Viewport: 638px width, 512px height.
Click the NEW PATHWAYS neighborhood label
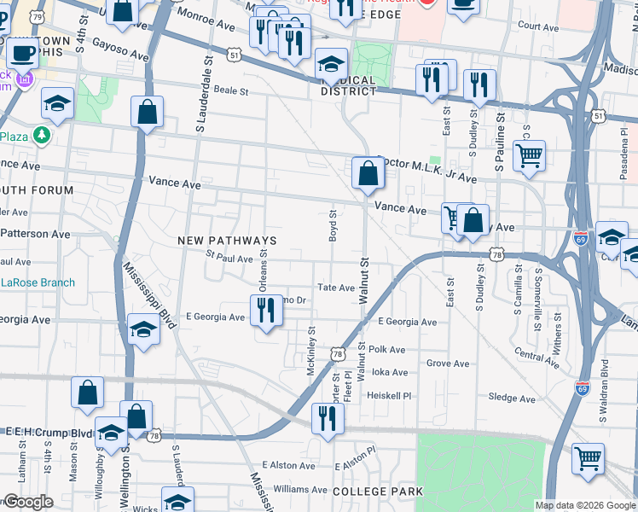227,241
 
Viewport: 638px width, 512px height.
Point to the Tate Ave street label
335,288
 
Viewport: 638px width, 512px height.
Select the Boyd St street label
333,224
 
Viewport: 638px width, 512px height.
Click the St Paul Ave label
229,259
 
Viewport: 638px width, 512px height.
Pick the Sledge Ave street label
512,398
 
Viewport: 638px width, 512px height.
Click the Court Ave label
538,27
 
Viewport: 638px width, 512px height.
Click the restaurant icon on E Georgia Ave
267,312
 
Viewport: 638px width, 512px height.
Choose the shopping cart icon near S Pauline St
529,156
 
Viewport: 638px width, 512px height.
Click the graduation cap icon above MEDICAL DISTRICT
331,64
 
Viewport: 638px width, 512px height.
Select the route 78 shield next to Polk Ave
338,353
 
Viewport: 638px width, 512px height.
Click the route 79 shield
37,16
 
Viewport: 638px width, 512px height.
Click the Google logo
28,502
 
